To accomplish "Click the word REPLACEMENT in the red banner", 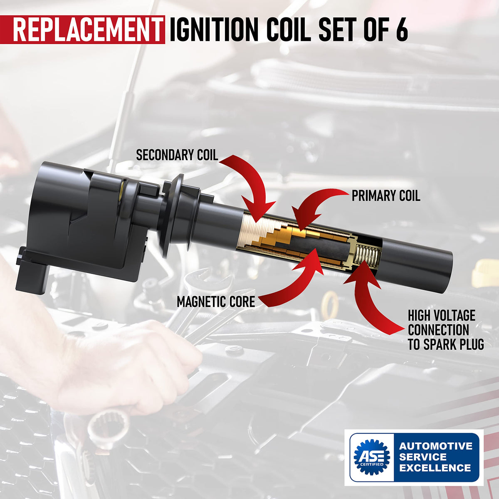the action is (x=88, y=30).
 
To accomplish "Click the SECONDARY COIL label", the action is (x=177, y=155).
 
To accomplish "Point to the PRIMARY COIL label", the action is (x=386, y=196).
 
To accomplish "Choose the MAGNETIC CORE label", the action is (x=216, y=301).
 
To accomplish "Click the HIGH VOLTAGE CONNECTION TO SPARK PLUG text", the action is (x=446, y=330).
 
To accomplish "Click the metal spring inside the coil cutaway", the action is (x=368, y=254).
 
